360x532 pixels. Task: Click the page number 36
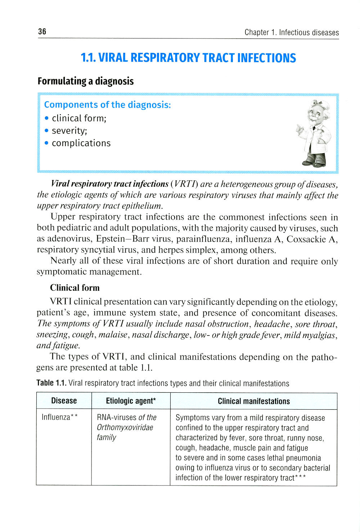(x=42, y=32)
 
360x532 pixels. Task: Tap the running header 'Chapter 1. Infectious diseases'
(x=292, y=32)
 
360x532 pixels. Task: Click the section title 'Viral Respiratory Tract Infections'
(x=188, y=58)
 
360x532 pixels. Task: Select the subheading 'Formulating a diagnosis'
(x=86, y=81)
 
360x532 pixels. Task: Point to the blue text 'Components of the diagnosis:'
(x=107, y=105)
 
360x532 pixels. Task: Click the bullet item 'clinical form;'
(x=79, y=118)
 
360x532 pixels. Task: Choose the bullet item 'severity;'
(x=69, y=131)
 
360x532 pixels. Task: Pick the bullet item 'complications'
(x=81, y=143)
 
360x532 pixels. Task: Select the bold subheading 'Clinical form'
(x=75, y=288)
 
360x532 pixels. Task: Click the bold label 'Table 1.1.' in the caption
(x=51, y=383)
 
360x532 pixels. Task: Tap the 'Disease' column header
(x=64, y=401)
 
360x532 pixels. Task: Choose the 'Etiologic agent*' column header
(x=131, y=401)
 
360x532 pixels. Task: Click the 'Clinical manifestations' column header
(x=253, y=401)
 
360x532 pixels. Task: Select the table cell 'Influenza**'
(x=60, y=417)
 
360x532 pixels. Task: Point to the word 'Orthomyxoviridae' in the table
(x=125, y=428)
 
